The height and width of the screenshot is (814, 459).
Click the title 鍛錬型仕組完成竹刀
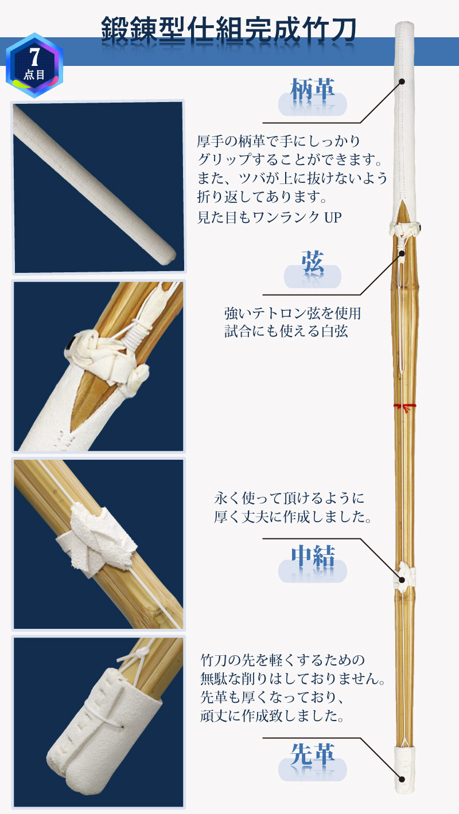click(x=228, y=29)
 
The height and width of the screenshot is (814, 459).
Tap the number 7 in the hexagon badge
click(x=34, y=57)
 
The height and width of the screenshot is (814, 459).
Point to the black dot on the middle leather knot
click(x=403, y=580)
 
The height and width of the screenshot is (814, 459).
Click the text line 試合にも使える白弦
click(x=286, y=331)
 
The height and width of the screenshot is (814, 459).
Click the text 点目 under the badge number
click(x=34, y=75)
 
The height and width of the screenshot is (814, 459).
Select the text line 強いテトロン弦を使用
click(x=293, y=314)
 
